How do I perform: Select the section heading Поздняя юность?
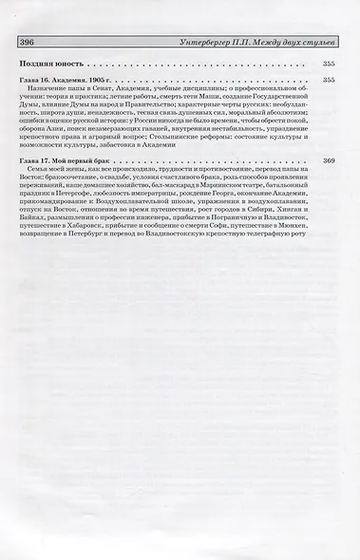pos(48,64)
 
